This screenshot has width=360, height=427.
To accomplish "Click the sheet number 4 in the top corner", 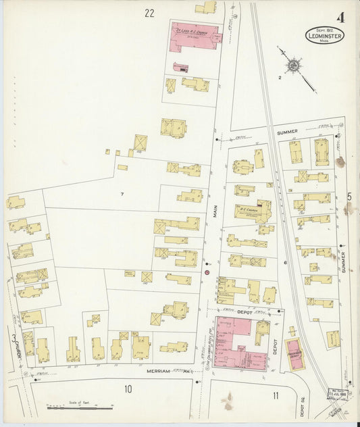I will point(340,18).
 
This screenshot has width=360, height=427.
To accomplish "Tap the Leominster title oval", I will point(324,35).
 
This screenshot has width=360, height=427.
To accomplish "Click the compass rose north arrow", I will point(294,66).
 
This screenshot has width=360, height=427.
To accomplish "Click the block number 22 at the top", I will point(149,12).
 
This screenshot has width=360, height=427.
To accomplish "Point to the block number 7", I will point(122,195).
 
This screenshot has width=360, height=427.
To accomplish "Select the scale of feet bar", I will point(79,407).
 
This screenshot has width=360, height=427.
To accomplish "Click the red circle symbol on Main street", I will point(207,272).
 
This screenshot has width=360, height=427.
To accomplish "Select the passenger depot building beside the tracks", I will point(294,354).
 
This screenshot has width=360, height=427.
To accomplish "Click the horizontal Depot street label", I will point(244,311).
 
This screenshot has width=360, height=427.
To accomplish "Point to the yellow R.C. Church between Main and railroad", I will point(253,211).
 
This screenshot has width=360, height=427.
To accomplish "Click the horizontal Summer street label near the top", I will point(286,131).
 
